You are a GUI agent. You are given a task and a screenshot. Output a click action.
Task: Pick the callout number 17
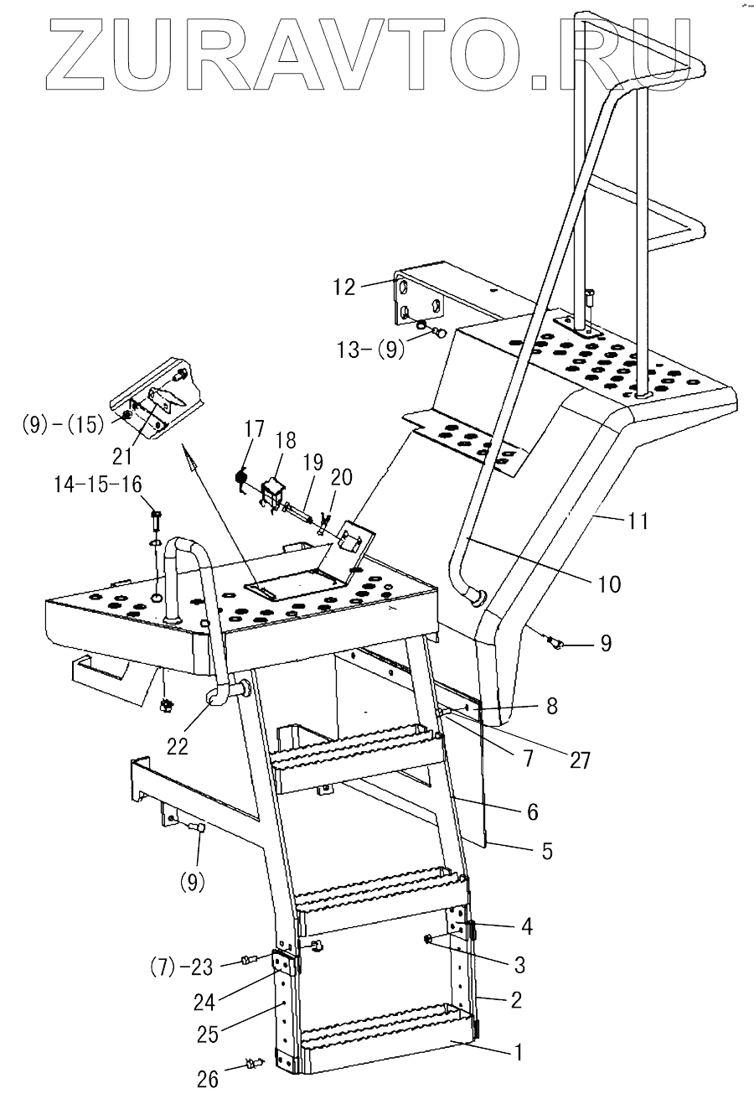coord(255,430)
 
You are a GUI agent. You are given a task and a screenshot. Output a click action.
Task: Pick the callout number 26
coord(207,1079)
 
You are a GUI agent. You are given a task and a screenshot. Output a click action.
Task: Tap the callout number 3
coord(519,965)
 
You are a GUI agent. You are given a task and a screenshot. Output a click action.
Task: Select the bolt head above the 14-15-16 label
coord(157,514)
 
